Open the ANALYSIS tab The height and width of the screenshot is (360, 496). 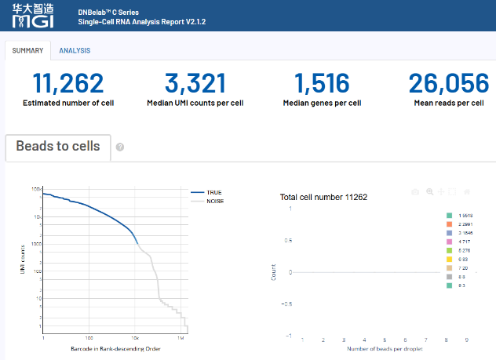click(75, 51)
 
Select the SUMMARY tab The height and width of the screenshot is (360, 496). click(27, 51)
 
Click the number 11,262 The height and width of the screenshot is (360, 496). click(67, 83)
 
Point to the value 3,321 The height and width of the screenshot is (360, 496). click(195, 83)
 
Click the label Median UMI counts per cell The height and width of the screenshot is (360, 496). click(195, 103)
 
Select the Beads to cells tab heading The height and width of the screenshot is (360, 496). click(58, 146)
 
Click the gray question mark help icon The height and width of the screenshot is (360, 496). click(120, 147)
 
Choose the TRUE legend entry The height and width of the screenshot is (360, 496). click(213, 191)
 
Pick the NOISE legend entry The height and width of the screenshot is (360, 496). click(214, 200)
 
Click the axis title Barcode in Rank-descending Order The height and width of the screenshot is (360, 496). click(115, 347)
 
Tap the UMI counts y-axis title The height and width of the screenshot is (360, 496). click(23, 260)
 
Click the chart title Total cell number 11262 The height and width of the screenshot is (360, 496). click(323, 197)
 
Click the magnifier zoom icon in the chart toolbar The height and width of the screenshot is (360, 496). click(429, 191)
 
